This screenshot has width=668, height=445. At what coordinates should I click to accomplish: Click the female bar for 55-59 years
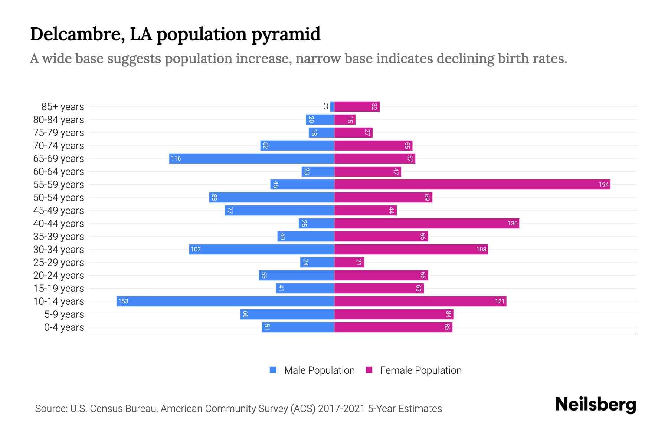point(472,184)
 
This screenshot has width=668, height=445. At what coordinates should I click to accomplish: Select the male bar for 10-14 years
point(225,301)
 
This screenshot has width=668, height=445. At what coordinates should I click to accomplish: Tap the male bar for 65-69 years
point(252,158)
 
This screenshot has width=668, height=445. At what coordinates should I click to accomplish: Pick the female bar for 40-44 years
point(427,223)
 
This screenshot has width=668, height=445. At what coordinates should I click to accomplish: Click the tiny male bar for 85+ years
point(332,106)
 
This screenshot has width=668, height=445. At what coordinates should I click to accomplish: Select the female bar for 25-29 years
point(349,262)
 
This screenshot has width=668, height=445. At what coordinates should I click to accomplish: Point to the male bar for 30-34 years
point(262,249)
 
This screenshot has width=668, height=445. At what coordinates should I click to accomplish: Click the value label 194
point(603,184)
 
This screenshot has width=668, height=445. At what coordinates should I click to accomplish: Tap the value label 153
point(123,301)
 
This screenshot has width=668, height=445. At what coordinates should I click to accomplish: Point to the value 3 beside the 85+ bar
point(325,106)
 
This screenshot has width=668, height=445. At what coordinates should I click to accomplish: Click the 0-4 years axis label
point(64,327)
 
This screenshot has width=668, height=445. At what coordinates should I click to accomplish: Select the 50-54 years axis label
point(59,198)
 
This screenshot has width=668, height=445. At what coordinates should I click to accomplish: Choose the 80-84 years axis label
point(59,120)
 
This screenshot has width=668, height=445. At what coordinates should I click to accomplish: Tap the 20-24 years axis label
point(59,276)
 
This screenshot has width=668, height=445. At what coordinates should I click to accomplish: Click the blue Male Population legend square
point(273,370)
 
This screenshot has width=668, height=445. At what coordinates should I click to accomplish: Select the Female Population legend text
point(420,370)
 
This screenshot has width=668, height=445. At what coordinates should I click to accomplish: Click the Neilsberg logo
point(595,405)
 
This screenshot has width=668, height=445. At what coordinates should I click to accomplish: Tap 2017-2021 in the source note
point(341,409)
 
